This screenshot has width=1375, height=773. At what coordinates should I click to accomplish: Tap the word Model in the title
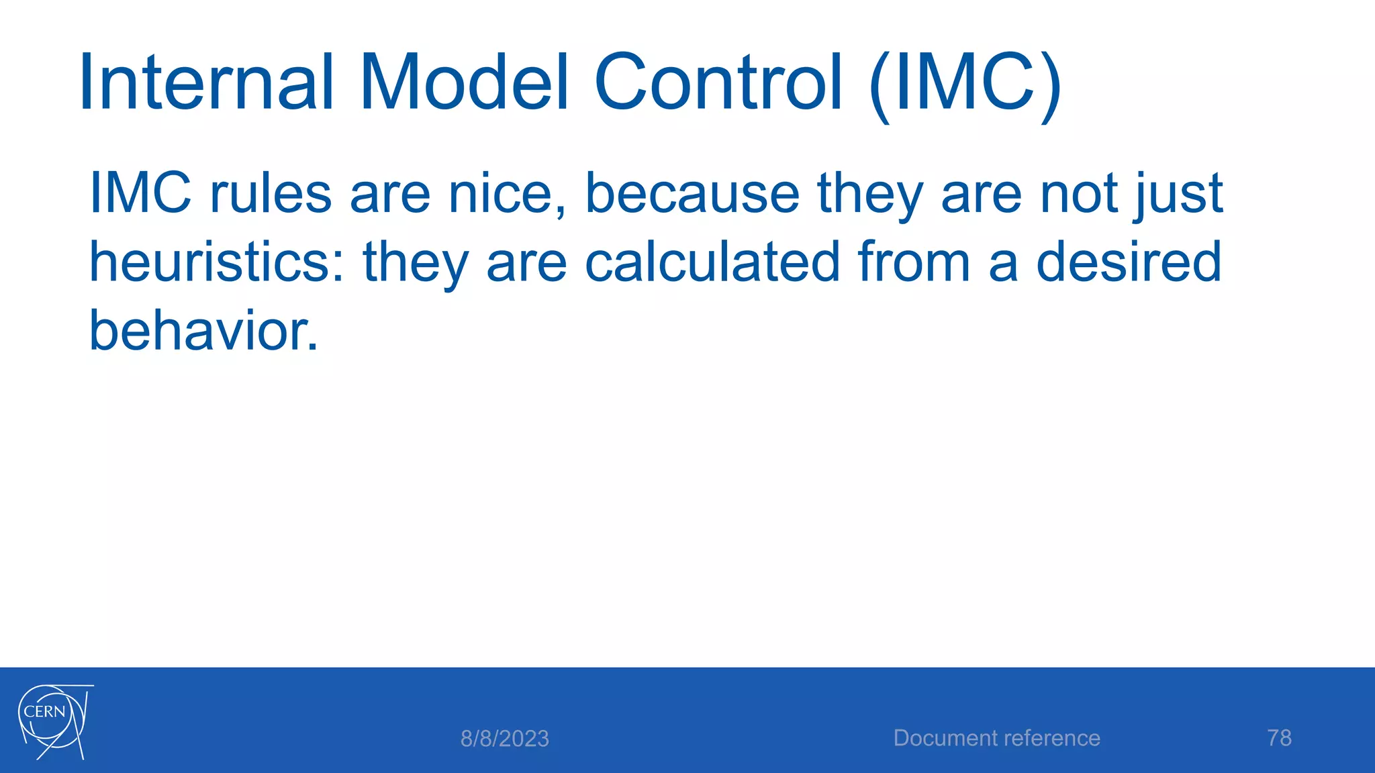(465, 83)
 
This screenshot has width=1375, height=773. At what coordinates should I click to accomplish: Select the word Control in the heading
(718, 83)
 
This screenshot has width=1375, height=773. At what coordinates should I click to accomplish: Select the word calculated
(712, 262)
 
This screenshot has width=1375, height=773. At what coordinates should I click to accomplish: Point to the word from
(914, 262)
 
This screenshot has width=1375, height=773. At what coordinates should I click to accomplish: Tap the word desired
(1129, 262)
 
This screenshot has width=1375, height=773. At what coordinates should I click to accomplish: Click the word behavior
(203, 331)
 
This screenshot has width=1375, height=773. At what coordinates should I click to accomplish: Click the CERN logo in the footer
(54, 721)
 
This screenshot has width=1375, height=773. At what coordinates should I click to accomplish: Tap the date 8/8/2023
(505, 739)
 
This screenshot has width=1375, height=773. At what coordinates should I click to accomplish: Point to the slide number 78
(1279, 738)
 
